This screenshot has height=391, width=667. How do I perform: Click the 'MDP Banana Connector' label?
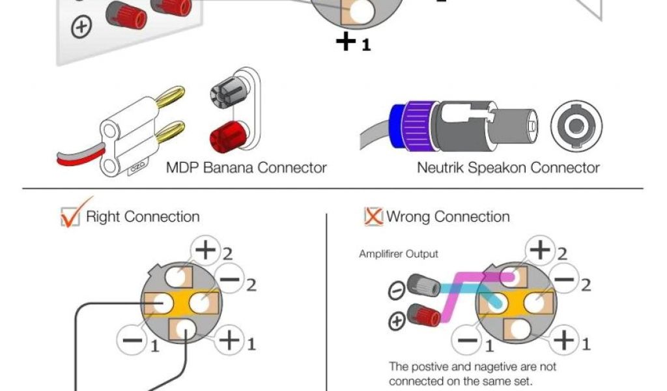pos(246,167)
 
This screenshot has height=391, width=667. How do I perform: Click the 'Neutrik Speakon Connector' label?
pos(508,167)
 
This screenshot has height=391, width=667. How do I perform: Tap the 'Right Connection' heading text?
pos(143,216)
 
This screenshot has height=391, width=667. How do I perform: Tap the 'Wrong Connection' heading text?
pos(448,216)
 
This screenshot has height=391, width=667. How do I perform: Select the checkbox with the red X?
pos(373,216)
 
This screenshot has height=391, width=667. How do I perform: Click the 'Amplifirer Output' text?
pos(399,253)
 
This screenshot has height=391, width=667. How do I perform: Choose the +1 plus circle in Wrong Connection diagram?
pos(565,340)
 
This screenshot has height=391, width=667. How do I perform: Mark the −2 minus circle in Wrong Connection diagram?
pos(564,281)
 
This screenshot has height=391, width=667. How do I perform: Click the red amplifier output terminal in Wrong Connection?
pos(427,317)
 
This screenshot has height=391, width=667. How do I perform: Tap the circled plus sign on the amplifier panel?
pos(82,27)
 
